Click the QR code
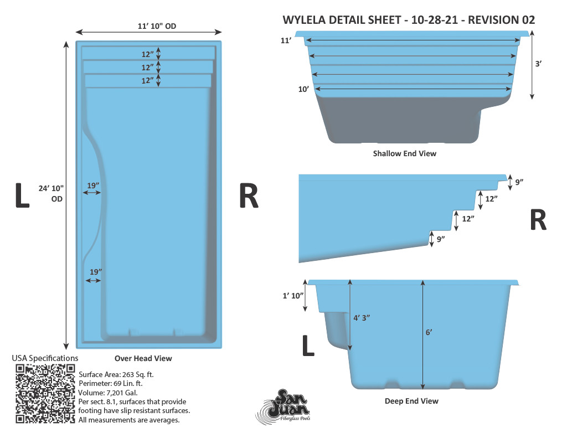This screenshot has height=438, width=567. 45,394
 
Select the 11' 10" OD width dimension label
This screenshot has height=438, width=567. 157,26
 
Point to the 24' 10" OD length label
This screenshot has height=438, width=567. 51,193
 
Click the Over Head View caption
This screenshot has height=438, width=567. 143,358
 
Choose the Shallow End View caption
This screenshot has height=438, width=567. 405,153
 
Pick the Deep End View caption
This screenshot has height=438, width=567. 411,401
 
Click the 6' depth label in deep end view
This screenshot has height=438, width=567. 429,332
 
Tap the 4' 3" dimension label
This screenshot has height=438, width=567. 362,318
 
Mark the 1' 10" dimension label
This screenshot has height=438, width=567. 293,296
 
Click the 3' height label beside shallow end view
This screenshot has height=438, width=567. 538,64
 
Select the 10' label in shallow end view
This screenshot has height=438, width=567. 303,89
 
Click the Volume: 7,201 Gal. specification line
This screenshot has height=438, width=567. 108,393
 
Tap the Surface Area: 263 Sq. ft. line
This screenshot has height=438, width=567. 116,375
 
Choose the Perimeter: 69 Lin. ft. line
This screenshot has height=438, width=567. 111,383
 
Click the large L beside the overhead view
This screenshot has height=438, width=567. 22,195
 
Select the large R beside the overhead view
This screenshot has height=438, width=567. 249,195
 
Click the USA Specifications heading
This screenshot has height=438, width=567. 45,358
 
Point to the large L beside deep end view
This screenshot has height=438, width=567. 308,346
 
